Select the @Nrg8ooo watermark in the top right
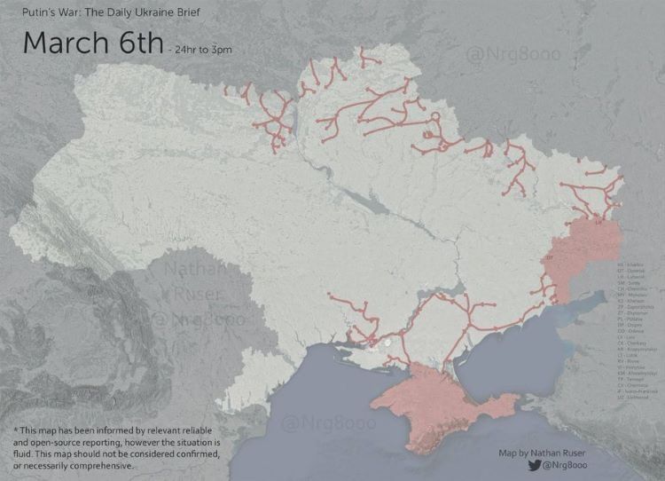point(512,56)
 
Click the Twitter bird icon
point(534,464)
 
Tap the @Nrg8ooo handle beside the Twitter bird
point(571,464)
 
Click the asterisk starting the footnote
point(16,431)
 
